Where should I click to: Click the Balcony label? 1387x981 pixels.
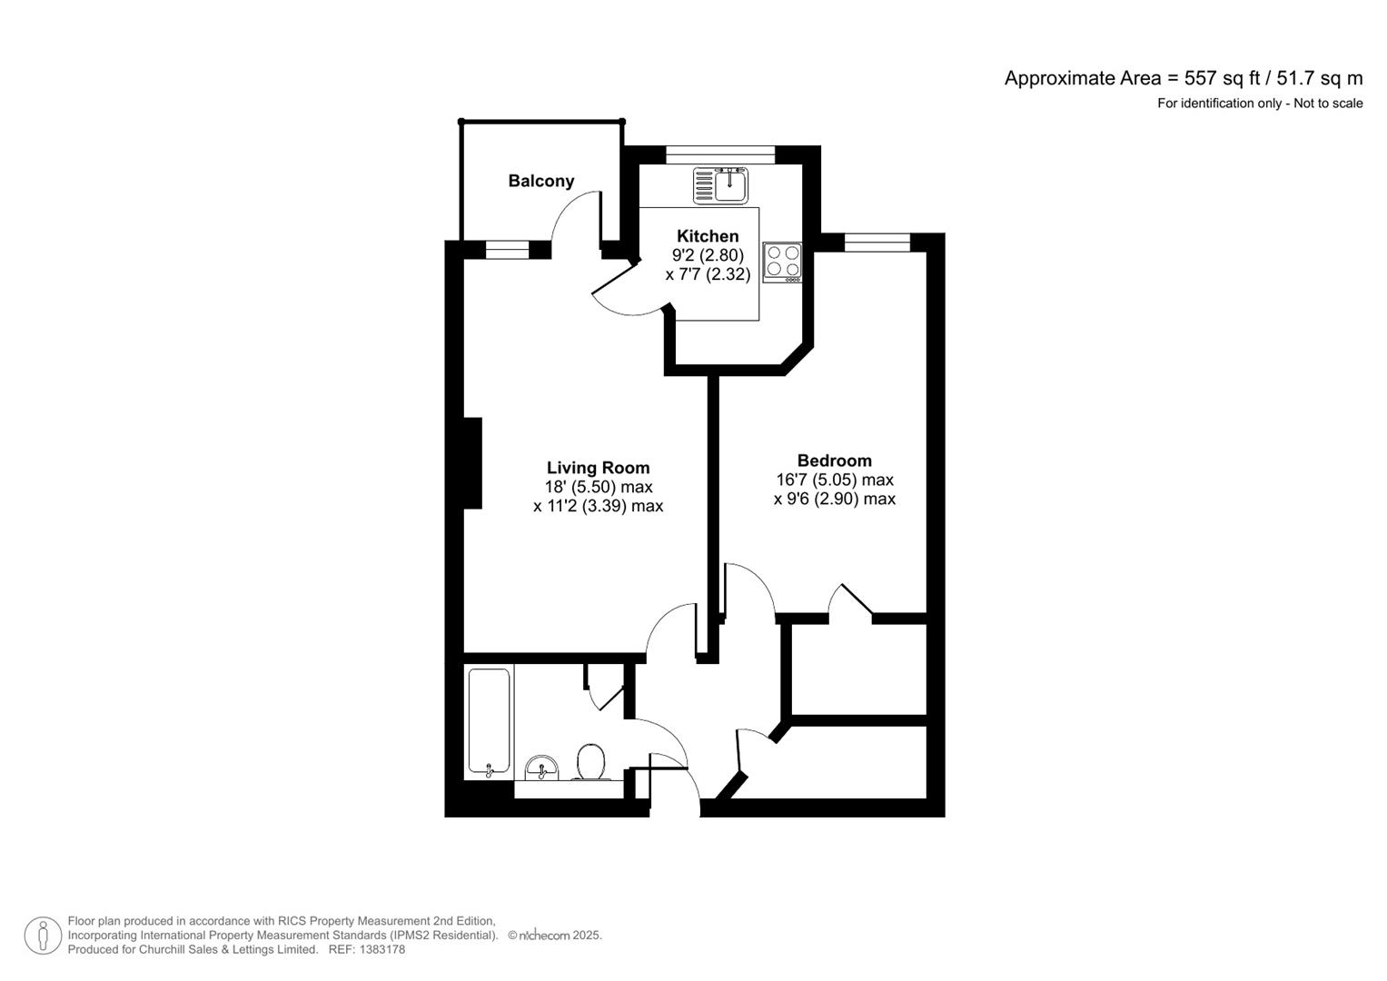[x=540, y=181]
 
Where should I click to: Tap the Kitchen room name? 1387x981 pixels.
[x=708, y=236]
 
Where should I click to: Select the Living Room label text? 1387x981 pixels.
[x=598, y=468]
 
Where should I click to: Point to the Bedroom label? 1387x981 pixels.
[x=834, y=461]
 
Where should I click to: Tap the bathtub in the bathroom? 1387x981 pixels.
[x=489, y=722]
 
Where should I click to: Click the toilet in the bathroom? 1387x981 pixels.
[x=589, y=763]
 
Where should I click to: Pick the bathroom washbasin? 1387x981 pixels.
[x=543, y=768]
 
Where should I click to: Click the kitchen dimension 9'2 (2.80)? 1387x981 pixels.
[x=708, y=255]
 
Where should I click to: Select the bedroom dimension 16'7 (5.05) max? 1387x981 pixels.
[x=834, y=480]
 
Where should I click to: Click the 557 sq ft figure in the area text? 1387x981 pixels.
[x=1216, y=78]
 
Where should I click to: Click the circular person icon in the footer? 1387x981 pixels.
[x=43, y=936]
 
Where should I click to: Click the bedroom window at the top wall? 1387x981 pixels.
[x=877, y=242]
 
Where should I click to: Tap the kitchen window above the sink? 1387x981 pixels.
[x=720, y=154]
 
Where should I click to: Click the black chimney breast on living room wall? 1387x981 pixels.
[x=472, y=462]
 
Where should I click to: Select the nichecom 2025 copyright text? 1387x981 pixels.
[x=555, y=935]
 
